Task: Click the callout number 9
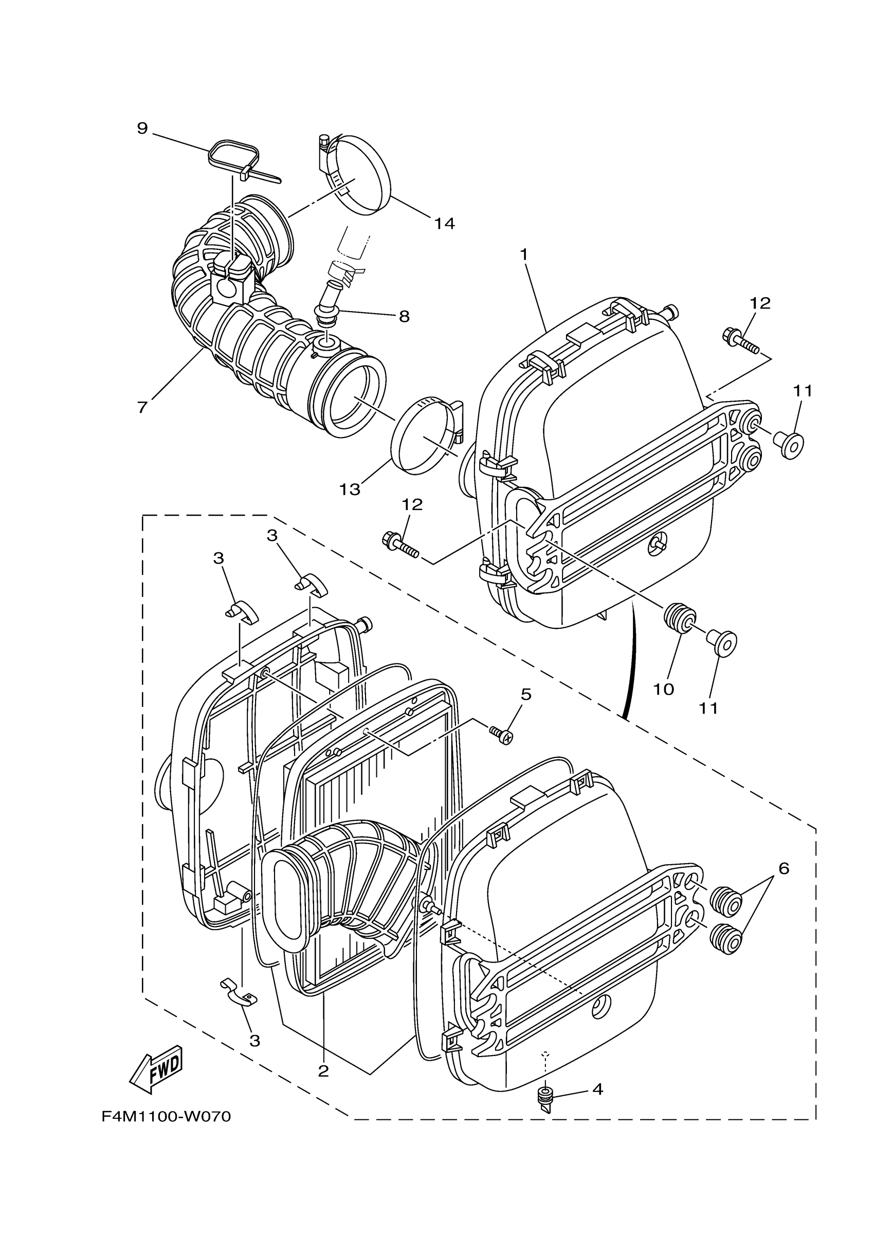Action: tap(142, 128)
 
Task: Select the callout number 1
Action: tap(524, 254)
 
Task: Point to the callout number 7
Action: tap(142, 407)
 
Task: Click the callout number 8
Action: tap(404, 316)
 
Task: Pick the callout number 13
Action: tap(349, 489)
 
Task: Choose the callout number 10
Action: tap(664, 689)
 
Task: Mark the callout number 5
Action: tap(525, 695)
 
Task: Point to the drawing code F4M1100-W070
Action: tap(166, 1117)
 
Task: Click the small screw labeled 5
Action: tap(500, 735)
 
